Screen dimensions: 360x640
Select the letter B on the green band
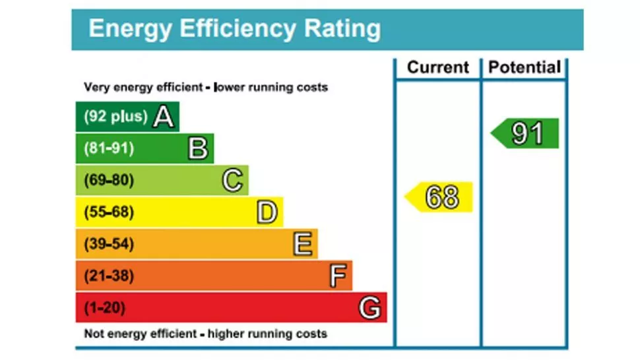pos(198,148)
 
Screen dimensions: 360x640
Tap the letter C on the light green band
pos(232,180)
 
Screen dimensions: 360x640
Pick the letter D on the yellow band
pos(267,212)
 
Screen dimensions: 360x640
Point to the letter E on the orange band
pos(302,244)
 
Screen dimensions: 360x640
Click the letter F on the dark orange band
pos(338,276)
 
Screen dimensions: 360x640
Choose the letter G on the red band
pos(370,308)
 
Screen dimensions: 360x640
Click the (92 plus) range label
pos(115,117)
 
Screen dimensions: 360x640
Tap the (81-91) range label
pos(109,148)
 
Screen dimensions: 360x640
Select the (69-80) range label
pos(109,180)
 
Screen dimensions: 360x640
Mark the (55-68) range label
pos(109,212)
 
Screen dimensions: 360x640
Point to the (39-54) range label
pos(109,244)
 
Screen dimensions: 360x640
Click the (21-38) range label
pos(109,276)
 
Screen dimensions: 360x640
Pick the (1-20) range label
pos(105,308)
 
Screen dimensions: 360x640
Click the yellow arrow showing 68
pos(440,196)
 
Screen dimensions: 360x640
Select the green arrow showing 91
pos(527,134)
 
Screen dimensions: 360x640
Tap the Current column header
pos(438,67)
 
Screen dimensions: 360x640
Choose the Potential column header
pos(525,67)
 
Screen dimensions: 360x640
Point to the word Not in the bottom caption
pos(95,334)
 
